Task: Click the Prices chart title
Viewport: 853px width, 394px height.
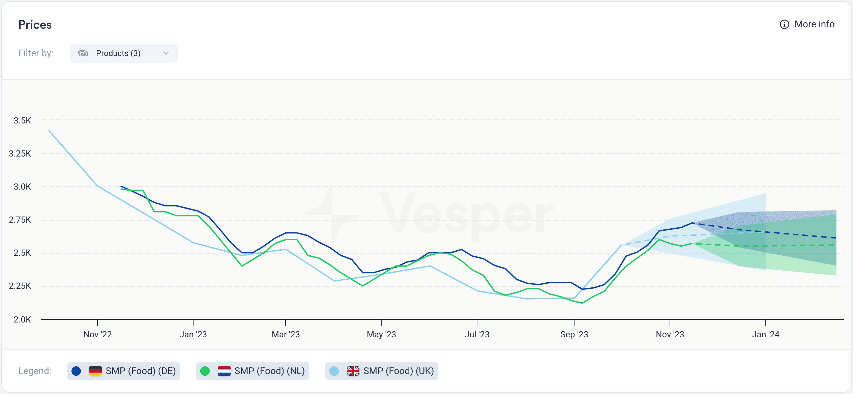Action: [35, 25]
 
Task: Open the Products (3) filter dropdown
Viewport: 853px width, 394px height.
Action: [123, 53]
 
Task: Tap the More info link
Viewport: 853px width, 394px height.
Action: [814, 24]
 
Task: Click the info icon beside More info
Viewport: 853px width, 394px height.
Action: [784, 24]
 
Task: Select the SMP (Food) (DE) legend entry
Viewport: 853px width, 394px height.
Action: [124, 371]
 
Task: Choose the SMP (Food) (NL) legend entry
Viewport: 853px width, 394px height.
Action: [253, 371]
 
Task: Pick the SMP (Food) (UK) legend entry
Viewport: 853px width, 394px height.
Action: [382, 371]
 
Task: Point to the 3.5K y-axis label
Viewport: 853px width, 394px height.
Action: [22, 120]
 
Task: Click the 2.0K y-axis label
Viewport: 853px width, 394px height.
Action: [22, 319]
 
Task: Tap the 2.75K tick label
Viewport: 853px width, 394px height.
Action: [20, 220]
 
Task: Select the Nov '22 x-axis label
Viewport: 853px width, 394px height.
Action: [97, 334]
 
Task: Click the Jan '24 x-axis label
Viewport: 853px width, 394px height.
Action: [765, 334]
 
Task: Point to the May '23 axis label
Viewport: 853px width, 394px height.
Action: [381, 334]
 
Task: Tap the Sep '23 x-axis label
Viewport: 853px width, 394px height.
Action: [574, 334]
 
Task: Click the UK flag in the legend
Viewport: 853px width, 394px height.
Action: [353, 371]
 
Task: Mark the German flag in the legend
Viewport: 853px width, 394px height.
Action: [95, 371]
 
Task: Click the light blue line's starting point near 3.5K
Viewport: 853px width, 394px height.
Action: [49, 131]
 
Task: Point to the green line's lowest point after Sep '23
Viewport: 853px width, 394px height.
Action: [582, 303]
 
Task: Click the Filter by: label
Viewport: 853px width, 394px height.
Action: [36, 53]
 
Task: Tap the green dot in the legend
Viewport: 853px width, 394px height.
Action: [205, 371]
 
